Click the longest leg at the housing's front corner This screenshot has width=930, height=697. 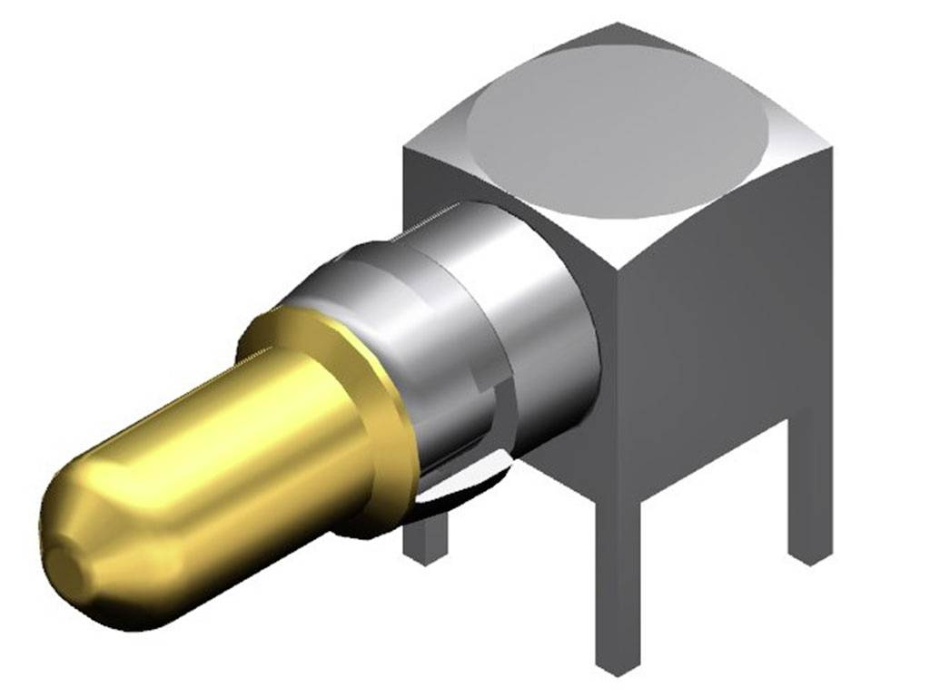[618, 581]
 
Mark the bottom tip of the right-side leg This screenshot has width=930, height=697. [809, 555]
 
